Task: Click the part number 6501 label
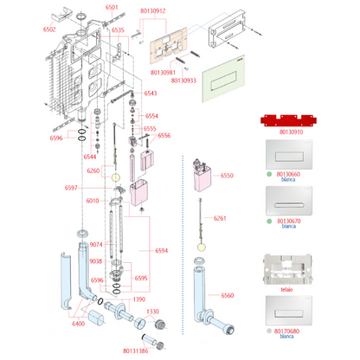click(112, 7)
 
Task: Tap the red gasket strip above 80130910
click(288, 120)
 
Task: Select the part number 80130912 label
click(153, 11)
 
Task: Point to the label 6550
click(227, 176)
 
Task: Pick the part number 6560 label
click(228, 295)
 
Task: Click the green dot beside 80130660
click(269, 174)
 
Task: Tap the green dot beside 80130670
click(269, 222)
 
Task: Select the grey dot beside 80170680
click(269, 331)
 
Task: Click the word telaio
click(286, 290)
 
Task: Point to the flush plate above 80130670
click(289, 201)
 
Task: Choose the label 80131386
click(136, 350)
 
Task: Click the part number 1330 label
click(152, 312)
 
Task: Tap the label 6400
click(79, 324)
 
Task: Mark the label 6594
click(161, 251)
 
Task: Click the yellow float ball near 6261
click(202, 247)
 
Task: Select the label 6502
click(49, 29)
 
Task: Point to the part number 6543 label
click(151, 93)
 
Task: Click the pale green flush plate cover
click(223, 79)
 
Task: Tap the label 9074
click(96, 245)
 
